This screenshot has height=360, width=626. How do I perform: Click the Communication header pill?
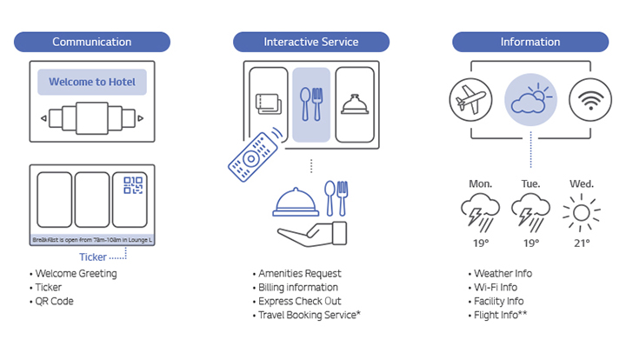(x=92, y=42)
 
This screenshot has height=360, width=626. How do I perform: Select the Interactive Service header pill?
(x=311, y=42)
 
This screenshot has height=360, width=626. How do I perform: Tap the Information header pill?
(x=529, y=42)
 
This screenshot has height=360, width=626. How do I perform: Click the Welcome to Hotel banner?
(x=92, y=82)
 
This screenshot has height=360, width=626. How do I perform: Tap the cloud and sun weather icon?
(x=530, y=102)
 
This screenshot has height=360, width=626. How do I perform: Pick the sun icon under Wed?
(x=582, y=213)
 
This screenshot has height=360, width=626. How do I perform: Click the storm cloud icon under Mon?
(x=480, y=213)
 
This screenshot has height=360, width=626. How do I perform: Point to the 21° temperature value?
(x=582, y=243)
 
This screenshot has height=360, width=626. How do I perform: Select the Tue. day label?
(x=529, y=184)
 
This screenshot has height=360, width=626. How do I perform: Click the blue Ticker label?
(x=93, y=257)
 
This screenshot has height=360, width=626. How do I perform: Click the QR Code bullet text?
(x=55, y=301)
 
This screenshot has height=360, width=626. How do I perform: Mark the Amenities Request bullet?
(x=300, y=273)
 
